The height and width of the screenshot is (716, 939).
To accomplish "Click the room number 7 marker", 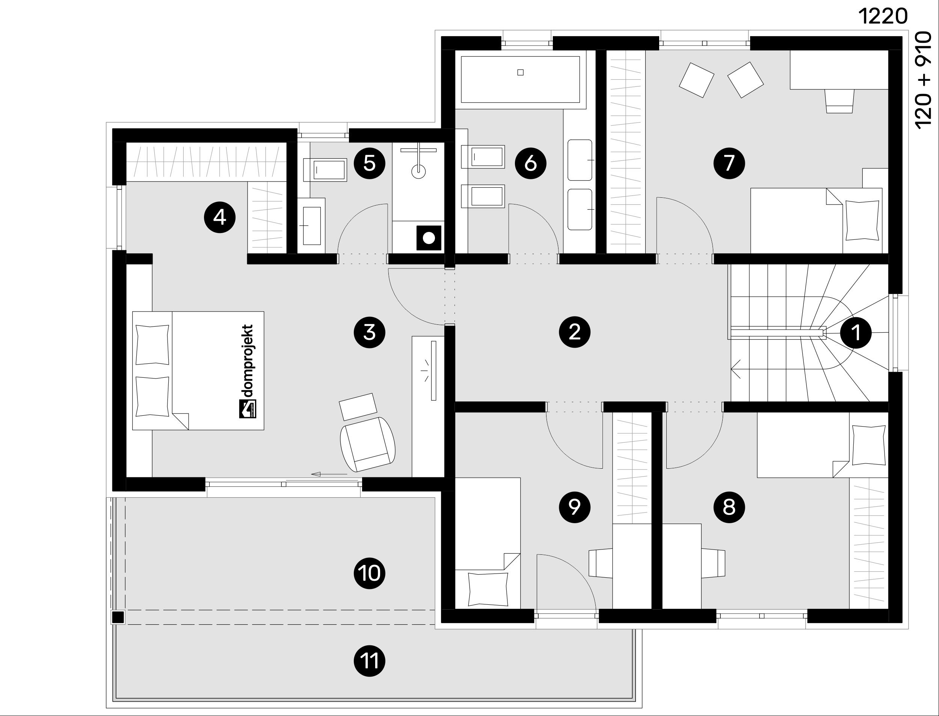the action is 729,163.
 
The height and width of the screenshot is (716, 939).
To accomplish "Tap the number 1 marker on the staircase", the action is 856,332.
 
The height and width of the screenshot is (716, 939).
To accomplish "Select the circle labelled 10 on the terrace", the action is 369,573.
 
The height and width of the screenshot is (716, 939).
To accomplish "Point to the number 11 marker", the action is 369,662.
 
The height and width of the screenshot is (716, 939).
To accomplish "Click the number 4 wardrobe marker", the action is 220,217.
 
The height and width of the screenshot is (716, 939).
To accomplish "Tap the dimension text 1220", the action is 883,17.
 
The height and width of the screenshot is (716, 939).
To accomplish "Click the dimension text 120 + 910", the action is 924,80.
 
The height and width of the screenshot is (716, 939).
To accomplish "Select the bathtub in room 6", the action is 520,79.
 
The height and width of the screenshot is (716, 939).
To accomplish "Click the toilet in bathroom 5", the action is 325,170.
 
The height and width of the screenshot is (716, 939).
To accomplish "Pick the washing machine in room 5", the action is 429,238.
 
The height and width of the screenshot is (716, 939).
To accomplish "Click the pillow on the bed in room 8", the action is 869,445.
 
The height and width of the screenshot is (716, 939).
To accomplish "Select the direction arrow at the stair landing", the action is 736,369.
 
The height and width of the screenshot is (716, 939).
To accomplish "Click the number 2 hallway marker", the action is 574,332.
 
